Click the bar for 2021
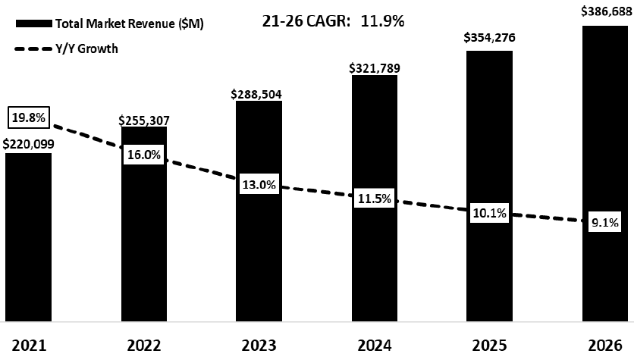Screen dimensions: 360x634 28,239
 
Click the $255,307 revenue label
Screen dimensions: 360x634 144,119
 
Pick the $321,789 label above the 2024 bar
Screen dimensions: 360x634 375,67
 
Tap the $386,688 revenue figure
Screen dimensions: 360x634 604,12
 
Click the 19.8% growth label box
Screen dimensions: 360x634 29,117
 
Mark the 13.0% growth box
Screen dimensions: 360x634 259,184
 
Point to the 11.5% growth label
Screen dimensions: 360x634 375,199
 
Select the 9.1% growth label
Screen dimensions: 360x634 604,223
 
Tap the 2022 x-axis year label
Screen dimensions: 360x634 144,346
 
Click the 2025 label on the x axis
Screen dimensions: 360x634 489,346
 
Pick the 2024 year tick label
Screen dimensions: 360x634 375,346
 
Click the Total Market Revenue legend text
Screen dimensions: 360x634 129,23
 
